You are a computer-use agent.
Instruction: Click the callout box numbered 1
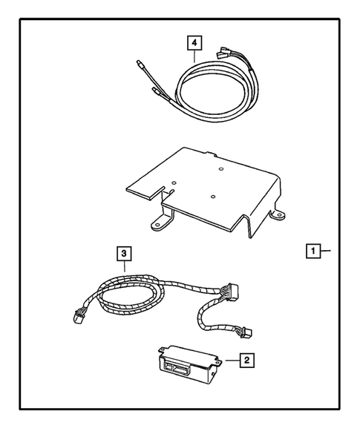point(315,252)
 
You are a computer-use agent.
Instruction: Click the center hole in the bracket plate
point(212,197)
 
